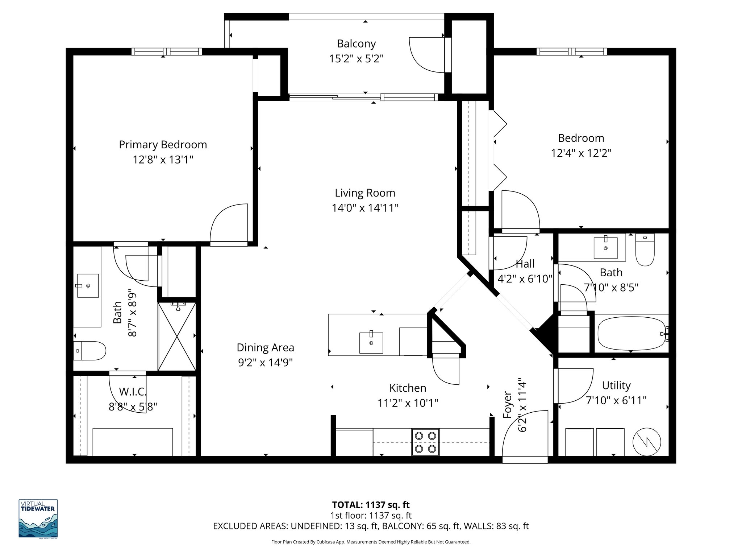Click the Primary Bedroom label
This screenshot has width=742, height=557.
coord(163,145)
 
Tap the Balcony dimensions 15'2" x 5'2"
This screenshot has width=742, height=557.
coord(356,59)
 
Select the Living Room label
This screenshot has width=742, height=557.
coord(365,193)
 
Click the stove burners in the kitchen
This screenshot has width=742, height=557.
coord(425,442)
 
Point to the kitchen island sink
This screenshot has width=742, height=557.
coord(371,342)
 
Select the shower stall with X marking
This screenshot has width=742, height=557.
coord(177,336)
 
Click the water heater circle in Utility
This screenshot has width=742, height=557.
coord(647,442)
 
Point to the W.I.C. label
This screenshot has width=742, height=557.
coord(133,392)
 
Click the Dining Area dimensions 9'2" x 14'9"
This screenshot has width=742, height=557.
coord(265,363)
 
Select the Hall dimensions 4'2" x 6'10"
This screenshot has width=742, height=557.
coord(525,279)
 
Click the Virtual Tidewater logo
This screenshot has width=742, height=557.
coord(38,519)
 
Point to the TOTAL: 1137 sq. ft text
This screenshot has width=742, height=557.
coord(371,505)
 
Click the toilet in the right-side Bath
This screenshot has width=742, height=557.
coord(645,250)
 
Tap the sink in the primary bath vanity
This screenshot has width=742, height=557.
coord(88,286)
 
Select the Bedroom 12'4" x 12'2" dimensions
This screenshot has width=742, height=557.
coord(581,153)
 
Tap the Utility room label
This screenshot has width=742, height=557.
coord(616,385)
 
